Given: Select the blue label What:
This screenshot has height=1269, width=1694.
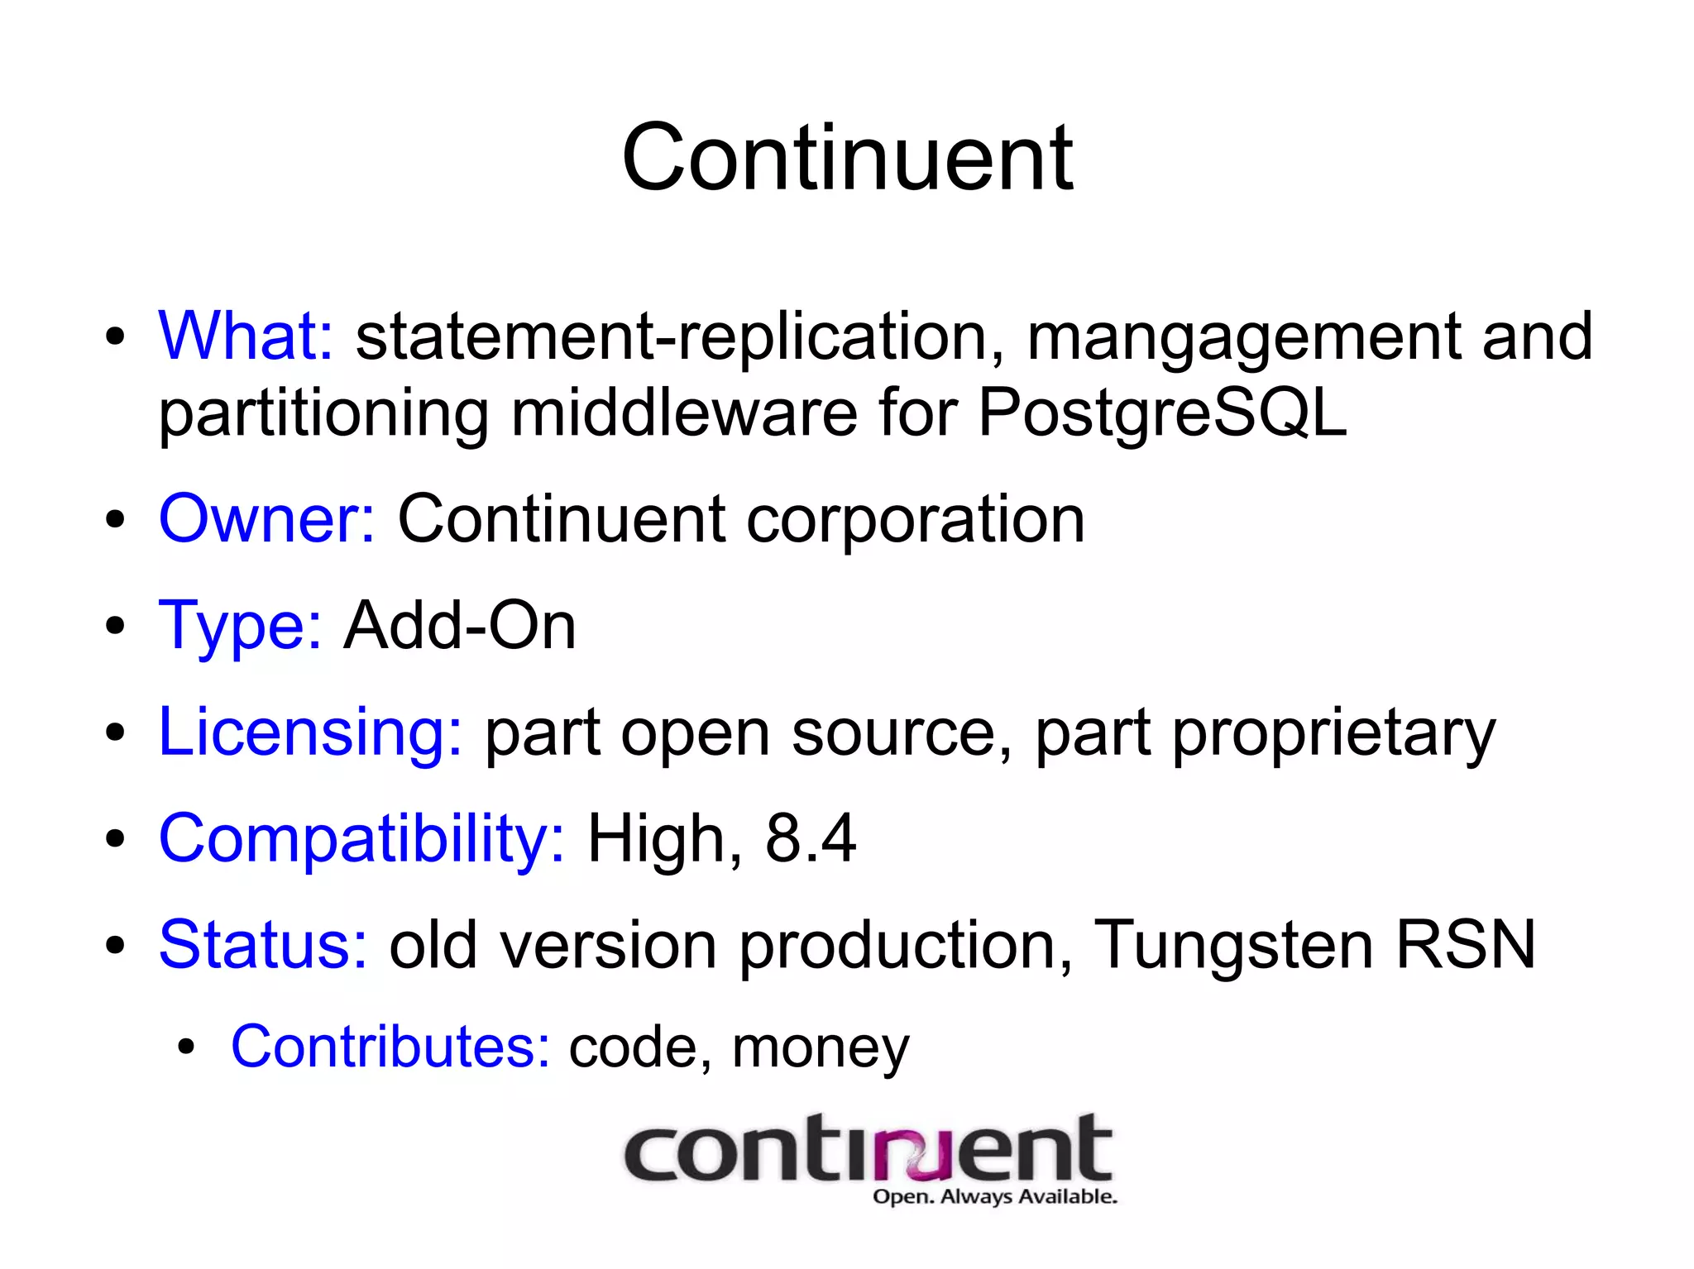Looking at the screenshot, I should pyautogui.click(x=246, y=336).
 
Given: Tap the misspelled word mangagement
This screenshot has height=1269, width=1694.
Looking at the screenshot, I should pyautogui.click(x=1243, y=337).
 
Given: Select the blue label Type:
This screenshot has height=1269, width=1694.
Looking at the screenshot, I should pyautogui.click(x=240, y=627).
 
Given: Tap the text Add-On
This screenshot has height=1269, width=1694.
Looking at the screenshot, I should pyautogui.click(x=459, y=626).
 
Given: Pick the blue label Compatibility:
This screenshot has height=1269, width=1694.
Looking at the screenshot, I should pyautogui.click(x=361, y=838).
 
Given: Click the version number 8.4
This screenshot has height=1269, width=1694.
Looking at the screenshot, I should pyautogui.click(x=810, y=838).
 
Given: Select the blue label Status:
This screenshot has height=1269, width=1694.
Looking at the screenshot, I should pyautogui.click(x=262, y=944).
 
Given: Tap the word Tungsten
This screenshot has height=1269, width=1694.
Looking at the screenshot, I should pyautogui.click(x=1233, y=945).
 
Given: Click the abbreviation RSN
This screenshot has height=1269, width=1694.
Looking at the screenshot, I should pyautogui.click(x=1466, y=944).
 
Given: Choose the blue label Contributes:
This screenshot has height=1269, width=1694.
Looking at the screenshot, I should pyautogui.click(x=390, y=1047).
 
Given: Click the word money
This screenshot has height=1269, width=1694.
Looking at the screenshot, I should pyautogui.click(x=820, y=1048).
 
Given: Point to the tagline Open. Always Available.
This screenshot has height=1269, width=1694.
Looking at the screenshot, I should pyautogui.click(x=994, y=1196).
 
